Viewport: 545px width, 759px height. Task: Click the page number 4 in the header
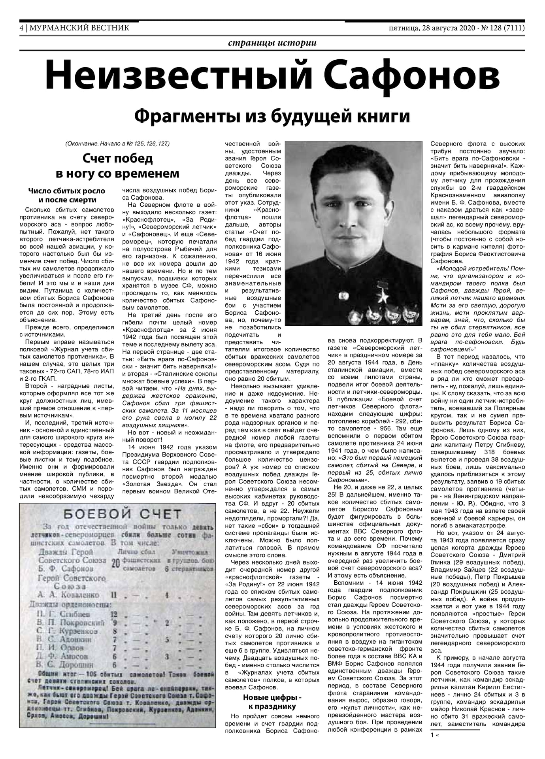click(22, 28)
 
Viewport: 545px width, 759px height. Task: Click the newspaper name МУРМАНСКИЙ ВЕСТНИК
click(79, 28)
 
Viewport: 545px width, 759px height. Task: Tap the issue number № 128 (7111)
click(501, 28)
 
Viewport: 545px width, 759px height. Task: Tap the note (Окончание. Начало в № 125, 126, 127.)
click(120, 143)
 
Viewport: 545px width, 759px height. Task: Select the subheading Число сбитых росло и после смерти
click(67, 196)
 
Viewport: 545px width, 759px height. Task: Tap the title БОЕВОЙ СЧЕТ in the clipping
click(122, 514)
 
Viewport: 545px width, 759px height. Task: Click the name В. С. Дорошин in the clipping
click(65, 665)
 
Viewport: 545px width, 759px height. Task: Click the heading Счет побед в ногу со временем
click(117, 166)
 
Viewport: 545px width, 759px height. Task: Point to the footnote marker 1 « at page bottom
click(435, 735)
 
